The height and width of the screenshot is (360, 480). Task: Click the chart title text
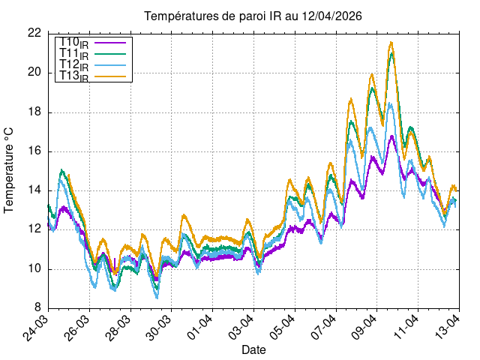pyautogui.click(x=253, y=16)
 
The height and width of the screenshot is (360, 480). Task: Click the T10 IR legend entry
pyautogui.click(x=74, y=43)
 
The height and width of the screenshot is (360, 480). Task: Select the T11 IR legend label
pyautogui.click(x=74, y=54)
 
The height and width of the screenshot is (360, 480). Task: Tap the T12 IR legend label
pyautogui.click(x=74, y=65)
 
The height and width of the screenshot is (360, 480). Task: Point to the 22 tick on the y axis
pyautogui.click(x=34, y=33)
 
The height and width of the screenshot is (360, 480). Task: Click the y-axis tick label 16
pyautogui.click(x=34, y=151)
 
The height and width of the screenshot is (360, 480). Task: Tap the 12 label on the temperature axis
pyautogui.click(x=34, y=229)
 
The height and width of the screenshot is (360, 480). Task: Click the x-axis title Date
pyautogui.click(x=253, y=349)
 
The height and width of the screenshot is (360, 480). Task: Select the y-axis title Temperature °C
pyautogui.click(x=9, y=169)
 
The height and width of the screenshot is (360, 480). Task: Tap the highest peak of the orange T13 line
pyautogui.click(x=391, y=43)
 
